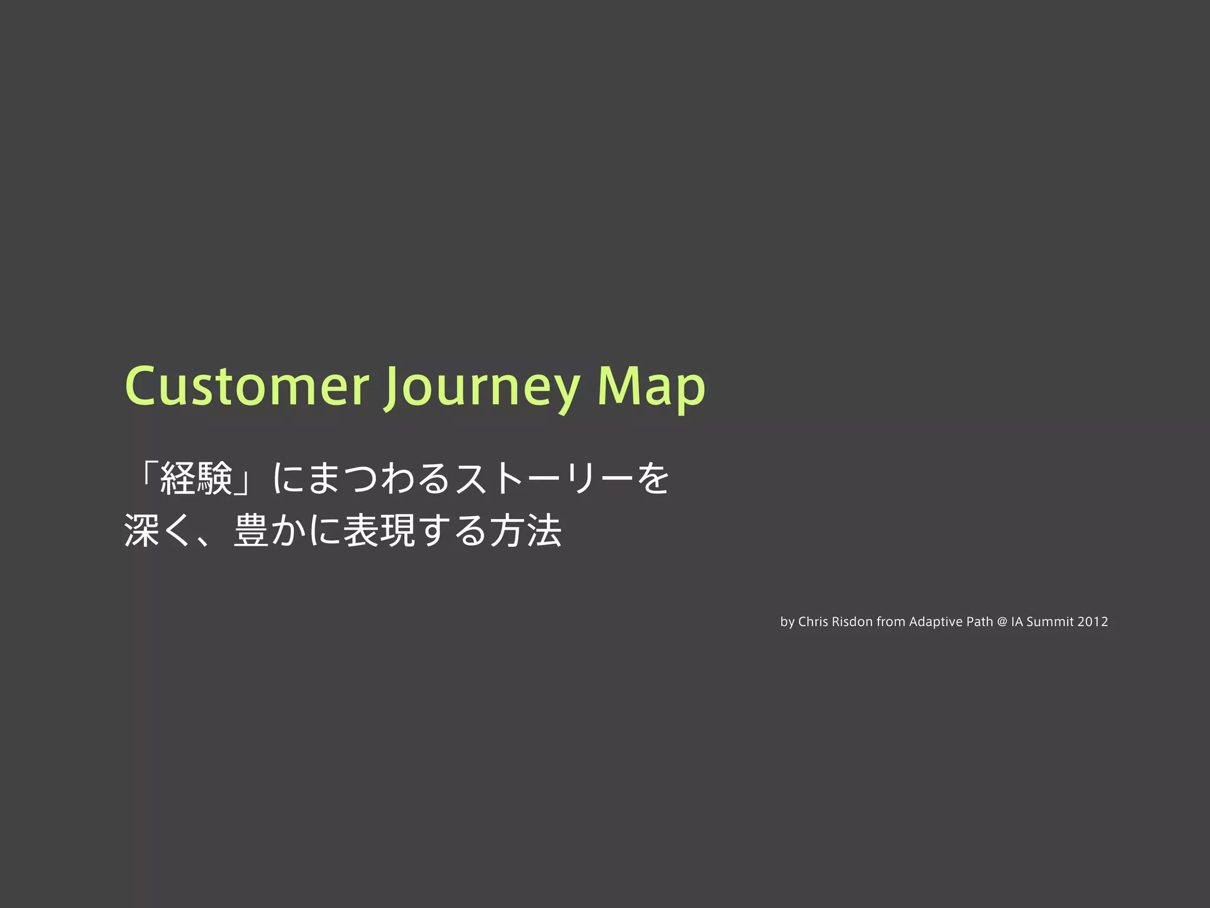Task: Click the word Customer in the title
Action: [x=247, y=387]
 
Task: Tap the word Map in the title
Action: [x=651, y=387]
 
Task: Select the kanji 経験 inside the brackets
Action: [x=196, y=479]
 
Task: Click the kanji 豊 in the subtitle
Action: [x=252, y=530]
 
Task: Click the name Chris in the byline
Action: [x=813, y=622]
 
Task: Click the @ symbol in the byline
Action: [x=1002, y=622]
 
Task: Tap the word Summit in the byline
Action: [x=1050, y=622]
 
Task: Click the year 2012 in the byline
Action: [x=1092, y=622]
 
